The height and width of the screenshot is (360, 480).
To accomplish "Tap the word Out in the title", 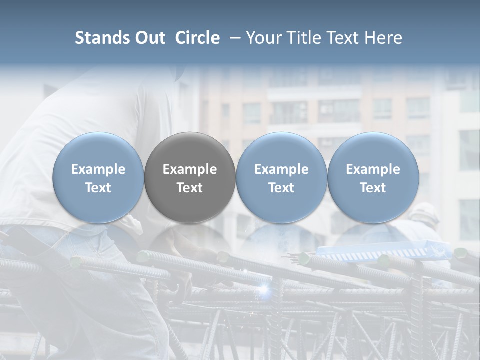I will (x=149, y=38).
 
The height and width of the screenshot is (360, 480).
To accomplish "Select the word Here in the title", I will (x=383, y=38).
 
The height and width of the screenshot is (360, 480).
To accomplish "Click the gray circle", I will (x=190, y=177).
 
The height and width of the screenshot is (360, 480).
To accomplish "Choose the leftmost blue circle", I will (x=98, y=177).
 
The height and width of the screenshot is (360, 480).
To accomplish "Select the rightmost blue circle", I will (x=373, y=177).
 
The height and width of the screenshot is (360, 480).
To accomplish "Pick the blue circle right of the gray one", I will (x=281, y=177).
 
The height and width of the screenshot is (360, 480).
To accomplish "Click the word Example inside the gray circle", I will (x=190, y=169).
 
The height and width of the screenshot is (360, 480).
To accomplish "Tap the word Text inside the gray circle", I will (x=190, y=188).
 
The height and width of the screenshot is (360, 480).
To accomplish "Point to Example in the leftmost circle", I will (x=98, y=169).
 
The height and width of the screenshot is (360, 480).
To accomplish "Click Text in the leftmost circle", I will (x=98, y=188).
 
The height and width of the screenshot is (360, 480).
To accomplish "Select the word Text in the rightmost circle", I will (x=373, y=188).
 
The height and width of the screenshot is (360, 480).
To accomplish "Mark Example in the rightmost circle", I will (x=373, y=169).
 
